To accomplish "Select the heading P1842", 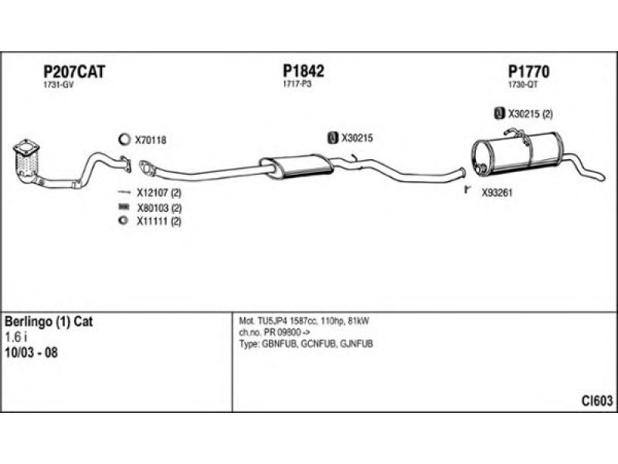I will (x=304, y=71).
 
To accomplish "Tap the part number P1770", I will (x=528, y=71).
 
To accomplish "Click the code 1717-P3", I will (x=297, y=85).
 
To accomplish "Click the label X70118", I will (x=151, y=140).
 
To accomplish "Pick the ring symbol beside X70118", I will (x=123, y=140).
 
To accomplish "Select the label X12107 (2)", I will (x=158, y=193).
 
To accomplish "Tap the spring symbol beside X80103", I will (x=122, y=208).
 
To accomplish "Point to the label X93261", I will (x=497, y=193).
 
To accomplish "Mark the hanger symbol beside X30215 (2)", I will (x=498, y=114).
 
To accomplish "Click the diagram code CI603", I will (x=597, y=400).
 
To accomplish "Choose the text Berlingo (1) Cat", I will (x=49, y=321).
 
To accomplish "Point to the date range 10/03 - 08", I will (x=31, y=353).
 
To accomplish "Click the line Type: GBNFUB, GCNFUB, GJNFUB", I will (x=306, y=343).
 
